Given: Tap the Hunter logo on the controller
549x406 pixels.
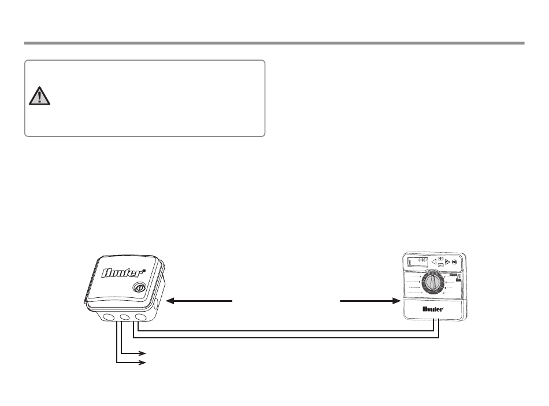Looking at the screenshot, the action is [433, 309].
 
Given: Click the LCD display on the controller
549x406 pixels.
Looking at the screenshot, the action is [418, 261].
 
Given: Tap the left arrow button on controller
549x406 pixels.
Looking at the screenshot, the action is [434, 261].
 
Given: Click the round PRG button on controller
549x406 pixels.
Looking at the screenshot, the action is [455, 261].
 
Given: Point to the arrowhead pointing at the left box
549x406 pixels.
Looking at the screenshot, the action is [170, 301].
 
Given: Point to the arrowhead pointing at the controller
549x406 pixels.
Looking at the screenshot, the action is [396, 301].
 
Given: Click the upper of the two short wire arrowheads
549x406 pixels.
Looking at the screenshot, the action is [142, 352].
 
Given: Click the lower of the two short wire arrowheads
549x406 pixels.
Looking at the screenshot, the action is [142, 363].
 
